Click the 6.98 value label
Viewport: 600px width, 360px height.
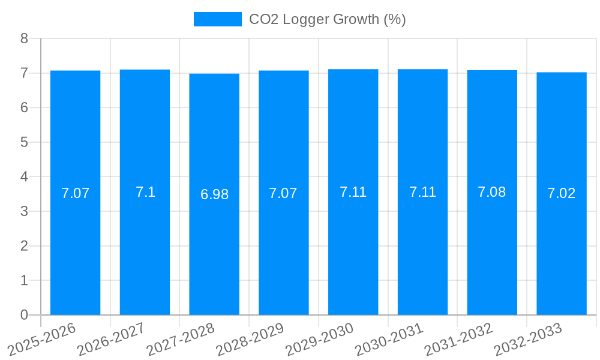(214, 194)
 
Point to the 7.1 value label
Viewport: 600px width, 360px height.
(145, 192)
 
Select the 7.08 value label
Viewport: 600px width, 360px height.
(491, 192)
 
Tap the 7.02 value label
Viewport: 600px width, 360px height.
(561, 193)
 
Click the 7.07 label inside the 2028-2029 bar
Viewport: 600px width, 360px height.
(283, 193)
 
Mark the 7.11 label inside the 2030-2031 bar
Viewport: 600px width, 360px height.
(422, 192)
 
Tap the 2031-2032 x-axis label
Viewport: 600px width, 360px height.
(459, 339)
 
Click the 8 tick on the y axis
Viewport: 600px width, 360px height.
(24, 38)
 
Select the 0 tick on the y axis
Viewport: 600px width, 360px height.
(24, 315)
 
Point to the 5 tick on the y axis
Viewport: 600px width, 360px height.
(24, 142)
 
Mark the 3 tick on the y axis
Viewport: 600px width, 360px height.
(24, 211)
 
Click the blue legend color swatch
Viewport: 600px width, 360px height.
(217, 19)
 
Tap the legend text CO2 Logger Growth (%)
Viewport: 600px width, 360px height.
(327, 19)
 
